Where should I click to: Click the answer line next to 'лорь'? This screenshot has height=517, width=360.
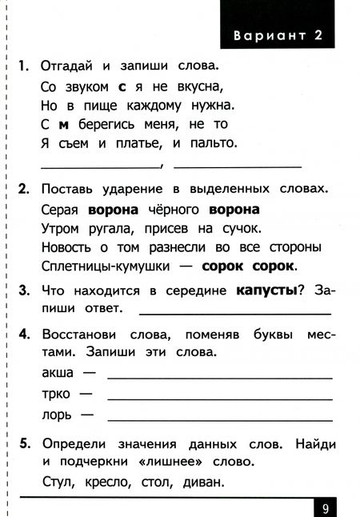(220, 419)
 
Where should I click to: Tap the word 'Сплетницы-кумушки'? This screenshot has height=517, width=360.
(100, 266)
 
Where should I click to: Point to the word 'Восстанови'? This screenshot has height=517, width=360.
(77, 333)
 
